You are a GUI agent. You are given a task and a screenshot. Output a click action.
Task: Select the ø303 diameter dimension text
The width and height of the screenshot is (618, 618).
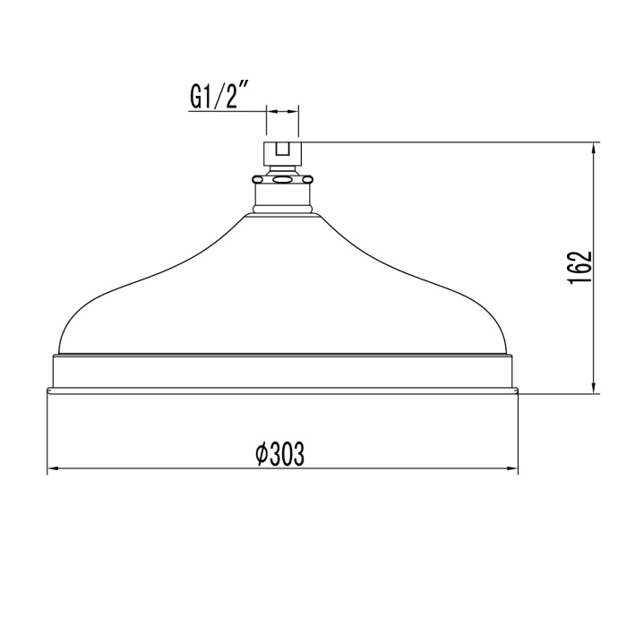[279, 455]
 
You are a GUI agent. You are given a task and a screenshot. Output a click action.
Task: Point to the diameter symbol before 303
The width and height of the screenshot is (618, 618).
[261, 455]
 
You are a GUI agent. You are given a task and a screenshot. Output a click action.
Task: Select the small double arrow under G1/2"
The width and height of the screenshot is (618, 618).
[282, 112]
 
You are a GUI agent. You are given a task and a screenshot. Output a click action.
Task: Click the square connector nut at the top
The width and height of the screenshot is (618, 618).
[282, 150]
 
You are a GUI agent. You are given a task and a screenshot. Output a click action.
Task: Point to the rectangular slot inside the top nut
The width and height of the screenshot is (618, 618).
[282, 150]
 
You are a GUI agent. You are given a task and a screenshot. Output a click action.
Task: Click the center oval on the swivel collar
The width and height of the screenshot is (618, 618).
[282, 179]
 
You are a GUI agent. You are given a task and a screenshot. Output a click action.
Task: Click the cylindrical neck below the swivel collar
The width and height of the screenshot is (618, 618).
[282, 196]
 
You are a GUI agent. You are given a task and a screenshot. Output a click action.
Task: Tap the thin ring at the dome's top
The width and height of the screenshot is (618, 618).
[282, 212]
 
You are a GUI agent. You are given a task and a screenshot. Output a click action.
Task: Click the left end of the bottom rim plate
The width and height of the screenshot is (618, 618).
[50, 390]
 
